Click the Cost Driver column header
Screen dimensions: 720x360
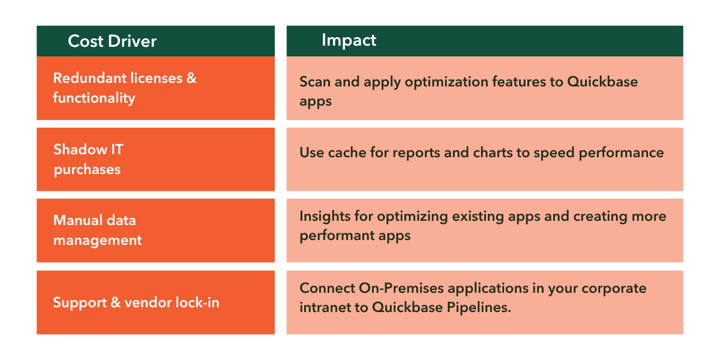112,41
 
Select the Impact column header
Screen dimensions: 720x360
349,41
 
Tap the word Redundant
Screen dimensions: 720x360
89,78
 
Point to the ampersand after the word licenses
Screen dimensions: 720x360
191,78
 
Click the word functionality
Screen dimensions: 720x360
94,98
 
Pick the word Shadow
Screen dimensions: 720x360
80,149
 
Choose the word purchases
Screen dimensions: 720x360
87,170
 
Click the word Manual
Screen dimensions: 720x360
77,221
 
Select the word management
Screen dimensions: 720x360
98,241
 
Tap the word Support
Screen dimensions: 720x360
80,303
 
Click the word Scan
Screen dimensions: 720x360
315,82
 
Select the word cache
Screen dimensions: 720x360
347,152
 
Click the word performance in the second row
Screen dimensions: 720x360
621,153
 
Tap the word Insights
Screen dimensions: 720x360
325,217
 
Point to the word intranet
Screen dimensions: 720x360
325,307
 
